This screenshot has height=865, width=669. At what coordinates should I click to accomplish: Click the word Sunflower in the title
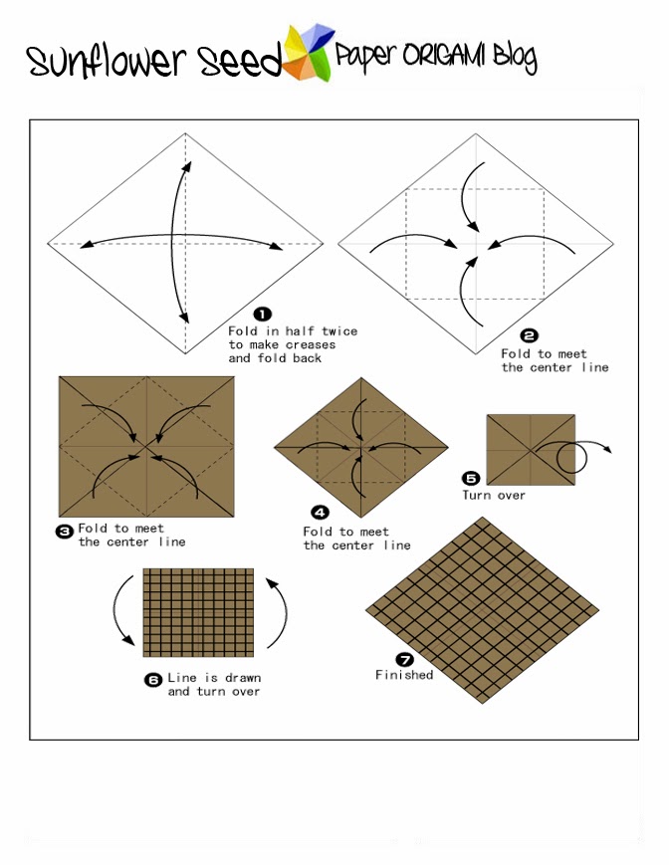point(94,62)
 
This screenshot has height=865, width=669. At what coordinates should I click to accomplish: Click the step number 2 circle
point(529,336)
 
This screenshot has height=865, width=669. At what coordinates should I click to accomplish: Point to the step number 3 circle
point(65,532)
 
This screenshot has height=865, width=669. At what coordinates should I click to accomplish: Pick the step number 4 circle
point(320,513)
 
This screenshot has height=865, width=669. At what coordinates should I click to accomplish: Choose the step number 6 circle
point(153,680)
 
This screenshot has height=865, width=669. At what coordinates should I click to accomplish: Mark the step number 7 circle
point(404,659)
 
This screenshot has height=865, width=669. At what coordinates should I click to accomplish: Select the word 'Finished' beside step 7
point(404,675)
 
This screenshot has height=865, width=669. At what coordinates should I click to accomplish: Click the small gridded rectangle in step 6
point(198,612)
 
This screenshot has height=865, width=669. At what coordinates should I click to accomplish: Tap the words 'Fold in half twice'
point(293,330)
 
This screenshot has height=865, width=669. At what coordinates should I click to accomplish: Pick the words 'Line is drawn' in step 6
point(213,678)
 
